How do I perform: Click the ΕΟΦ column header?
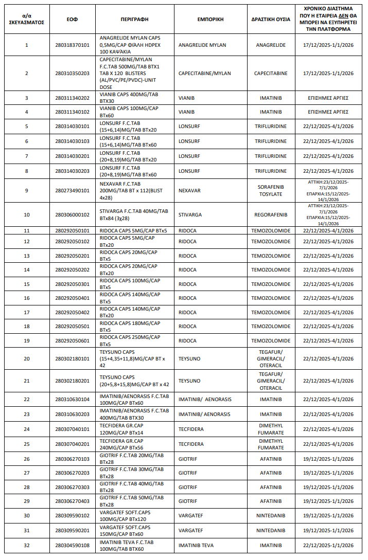(x=72, y=19)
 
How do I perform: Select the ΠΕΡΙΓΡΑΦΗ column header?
(x=134, y=19)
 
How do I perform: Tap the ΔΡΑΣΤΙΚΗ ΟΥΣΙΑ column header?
(x=271, y=19)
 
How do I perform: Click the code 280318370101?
(x=72, y=45)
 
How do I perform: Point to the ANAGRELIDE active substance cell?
(x=271, y=45)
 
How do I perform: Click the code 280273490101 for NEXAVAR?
(x=72, y=191)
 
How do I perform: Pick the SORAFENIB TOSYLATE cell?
(x=271, y=191)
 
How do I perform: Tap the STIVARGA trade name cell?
(x=190, y=214)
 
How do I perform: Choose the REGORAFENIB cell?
(x=271, y=214)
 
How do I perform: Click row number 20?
(x=27, y=359)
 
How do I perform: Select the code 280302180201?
(x=72, y=381)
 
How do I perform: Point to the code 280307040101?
(x=72, y=429)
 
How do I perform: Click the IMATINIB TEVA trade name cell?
(x=196, y=546)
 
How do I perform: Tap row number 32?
(x=27, y=546)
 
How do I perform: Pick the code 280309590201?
(x=72, y=531)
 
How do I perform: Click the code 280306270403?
(x=72, y=501)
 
